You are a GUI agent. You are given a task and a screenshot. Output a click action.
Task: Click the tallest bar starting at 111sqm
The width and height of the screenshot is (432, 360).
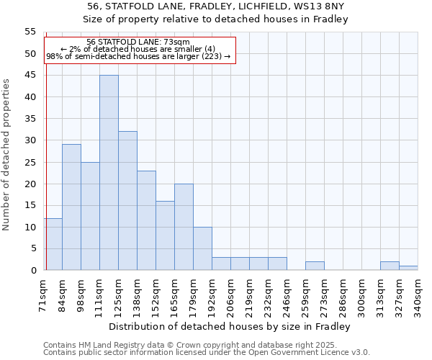coord(109,173)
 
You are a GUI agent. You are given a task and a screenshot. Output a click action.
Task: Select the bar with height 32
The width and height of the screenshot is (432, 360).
coord(127,201)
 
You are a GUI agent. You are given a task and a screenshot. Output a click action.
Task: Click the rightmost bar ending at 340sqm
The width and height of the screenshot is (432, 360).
coord(408,268)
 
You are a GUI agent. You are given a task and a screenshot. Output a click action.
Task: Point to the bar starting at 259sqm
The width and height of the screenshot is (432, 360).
coord(315,266)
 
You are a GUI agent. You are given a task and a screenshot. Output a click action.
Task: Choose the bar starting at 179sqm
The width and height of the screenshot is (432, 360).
coord(202,248)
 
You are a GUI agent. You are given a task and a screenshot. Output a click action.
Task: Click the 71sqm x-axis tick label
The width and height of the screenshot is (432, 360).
coord(43,292)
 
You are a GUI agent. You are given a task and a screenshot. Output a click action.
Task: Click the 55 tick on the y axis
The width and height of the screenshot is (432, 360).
coord(30,32)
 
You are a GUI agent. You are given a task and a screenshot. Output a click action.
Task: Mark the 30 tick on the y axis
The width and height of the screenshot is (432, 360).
coord(30,140)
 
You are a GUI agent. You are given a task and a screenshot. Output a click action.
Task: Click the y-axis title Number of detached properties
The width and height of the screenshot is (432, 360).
coord(7,155)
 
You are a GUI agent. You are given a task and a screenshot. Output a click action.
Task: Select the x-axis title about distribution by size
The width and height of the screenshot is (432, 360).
coord(230,326)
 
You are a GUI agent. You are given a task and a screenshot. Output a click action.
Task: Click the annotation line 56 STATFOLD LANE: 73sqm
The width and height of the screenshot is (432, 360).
coord(138,42)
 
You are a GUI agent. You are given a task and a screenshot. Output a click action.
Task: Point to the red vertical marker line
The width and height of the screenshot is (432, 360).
coord(46,180)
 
